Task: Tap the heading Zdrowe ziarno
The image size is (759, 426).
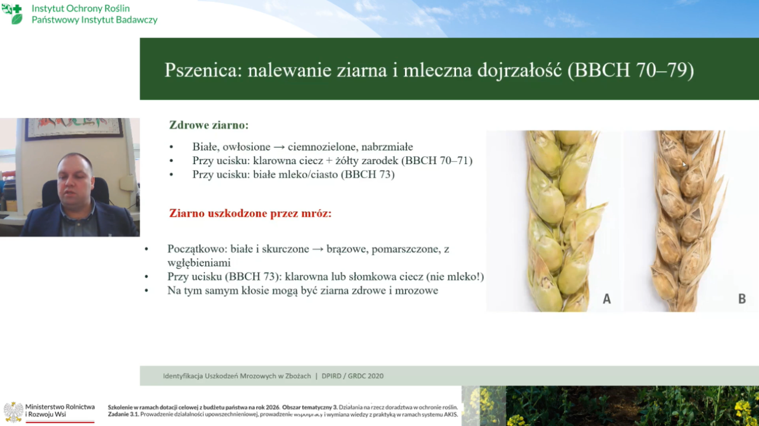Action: [x=209, y=125]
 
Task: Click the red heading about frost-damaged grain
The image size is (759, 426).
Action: [x=250, y=213]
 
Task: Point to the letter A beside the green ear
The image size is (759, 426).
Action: [x=607, y=299]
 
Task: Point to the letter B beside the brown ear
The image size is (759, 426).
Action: [x=742, y=299]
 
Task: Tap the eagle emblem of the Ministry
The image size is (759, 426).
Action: [x=13, y=412]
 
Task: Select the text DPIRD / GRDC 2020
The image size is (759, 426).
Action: [x=352, y=376]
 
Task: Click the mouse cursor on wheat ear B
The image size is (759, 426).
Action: [x=684, y=165]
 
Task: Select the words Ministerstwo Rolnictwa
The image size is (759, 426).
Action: [x=60, y=406]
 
